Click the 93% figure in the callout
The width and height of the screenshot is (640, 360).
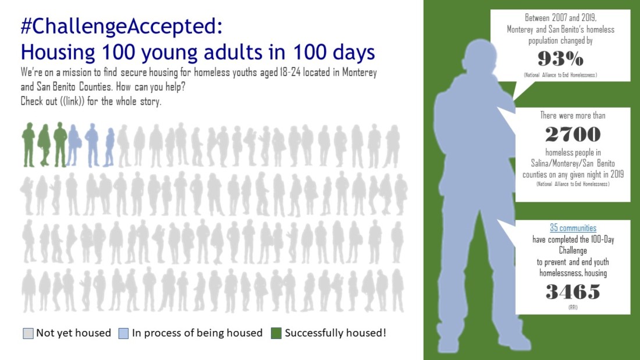pos(560,59)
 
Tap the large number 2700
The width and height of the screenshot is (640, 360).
pos(573,134)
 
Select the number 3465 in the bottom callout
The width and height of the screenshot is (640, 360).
pos(573,291)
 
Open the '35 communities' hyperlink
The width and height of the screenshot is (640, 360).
pos(573,228)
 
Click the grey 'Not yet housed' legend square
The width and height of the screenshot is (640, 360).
pos(28,333)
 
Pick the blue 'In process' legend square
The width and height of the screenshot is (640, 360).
pos(123,333)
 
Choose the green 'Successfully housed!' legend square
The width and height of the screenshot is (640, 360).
pos(276,333)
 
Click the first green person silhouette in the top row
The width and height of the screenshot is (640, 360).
pos(29,145)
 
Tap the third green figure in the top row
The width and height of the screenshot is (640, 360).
pos(61,144)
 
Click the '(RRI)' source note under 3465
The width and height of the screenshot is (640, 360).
pos(573,307)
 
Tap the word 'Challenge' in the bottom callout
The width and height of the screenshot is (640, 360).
pos(573,250)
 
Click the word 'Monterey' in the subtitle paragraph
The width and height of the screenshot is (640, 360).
pos(359,72)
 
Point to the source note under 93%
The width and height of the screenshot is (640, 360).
pos(560,74)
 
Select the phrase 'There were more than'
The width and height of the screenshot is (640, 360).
pos(573,116)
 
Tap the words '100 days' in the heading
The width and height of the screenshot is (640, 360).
pos(334,52)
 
